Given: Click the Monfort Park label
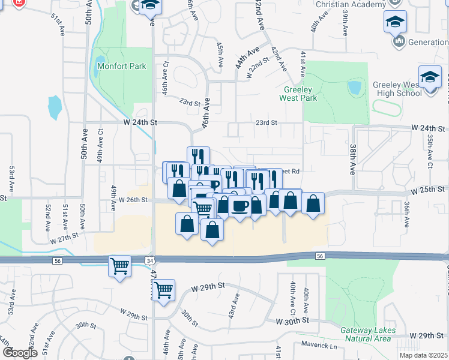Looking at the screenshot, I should pyautogui.click(x=121, y=66).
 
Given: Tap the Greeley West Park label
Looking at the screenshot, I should pyautogui.click(x=300, y=94).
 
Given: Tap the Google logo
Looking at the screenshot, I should pyautogui.click(x=20, y=353).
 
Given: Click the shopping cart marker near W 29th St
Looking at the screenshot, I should pyautogui.click(x=163, y=290).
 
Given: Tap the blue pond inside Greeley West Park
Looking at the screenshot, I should pyautogui.click(x=354, y=88).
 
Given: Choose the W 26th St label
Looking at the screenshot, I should pyautogui.click(x=133, y=200).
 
